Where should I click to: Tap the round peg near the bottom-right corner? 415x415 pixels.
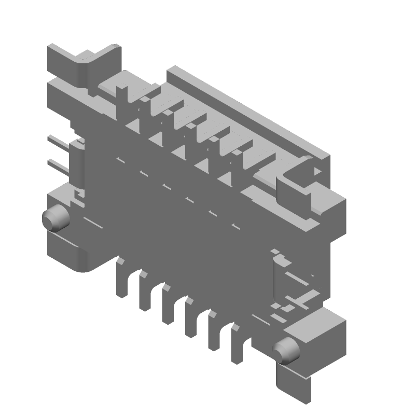pyautogui.click(x=287, y=351)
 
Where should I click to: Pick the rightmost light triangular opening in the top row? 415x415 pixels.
pyautogui.click(x=226, y=179)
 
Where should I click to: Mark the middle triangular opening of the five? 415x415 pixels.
pyautogui.click(x=179, y=151)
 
